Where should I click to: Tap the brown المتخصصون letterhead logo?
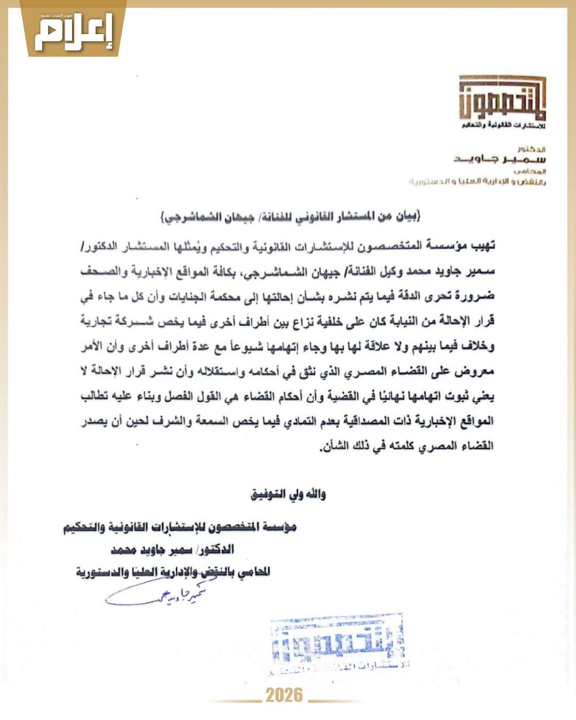502,99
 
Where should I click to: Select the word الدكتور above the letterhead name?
531,149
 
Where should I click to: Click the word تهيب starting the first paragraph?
482,246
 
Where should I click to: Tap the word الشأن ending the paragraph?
333,446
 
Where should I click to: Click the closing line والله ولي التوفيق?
288,494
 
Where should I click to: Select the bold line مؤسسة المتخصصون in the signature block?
180,527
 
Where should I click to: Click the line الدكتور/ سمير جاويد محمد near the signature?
172,549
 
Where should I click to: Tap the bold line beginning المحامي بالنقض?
173,572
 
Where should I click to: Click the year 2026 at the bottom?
284,695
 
